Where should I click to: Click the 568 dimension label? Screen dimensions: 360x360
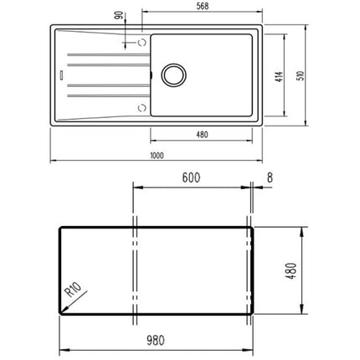pyautogui.click(x=203, y=6)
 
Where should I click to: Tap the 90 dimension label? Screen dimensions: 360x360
pyautogui.click(x=119, y=15)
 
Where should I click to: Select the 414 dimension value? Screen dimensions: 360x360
pyautogui.click(x=279, y=77)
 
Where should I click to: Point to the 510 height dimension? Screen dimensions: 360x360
pyautogui.click(x=301, y=75)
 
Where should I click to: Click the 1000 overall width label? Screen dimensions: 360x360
pyautogui.click(x=157, y=156)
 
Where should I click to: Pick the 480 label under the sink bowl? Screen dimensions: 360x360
pyautogui.click(x=202, y=135)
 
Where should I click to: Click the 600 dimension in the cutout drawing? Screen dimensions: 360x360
pyautogui.click(x=191, y=177)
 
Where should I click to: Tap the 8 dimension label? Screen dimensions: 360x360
pyautogui.click(x=270, y=177)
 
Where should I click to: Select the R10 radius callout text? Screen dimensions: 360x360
pyautogui.click(x=73, y=290)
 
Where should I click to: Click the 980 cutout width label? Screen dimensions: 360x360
pyautogui.click(x=156, y=340)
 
